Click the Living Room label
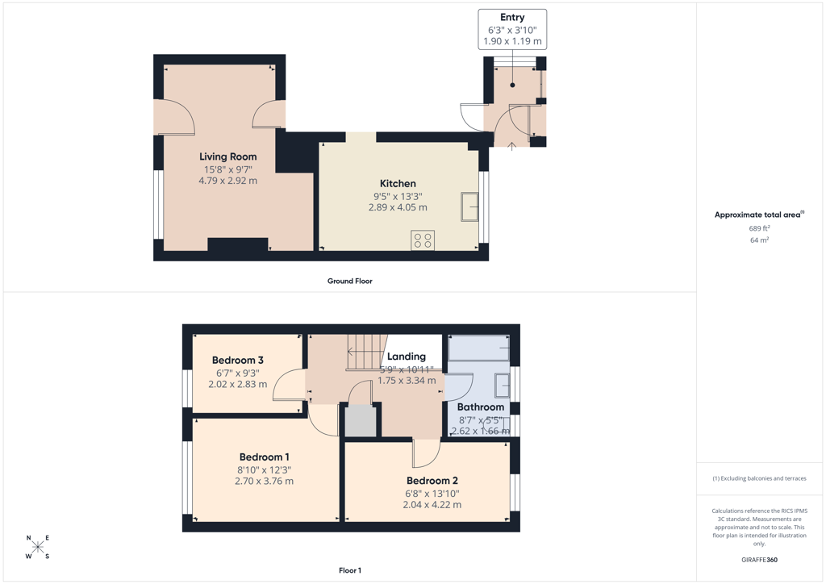pyautogui.click(x=228, y=156)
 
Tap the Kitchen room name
pyautogui.click(x=398, y=183)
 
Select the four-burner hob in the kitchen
pyautogui.click(x=423, y=240)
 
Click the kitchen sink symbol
pyautogui.click(x=470, y=207)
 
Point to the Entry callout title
pyautogui.click(x=512, y=18)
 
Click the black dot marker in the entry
pyautogui.click(x=512, y=85)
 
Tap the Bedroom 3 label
pyautogui.click(x=238, y=361)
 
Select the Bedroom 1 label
pyautogui.click(x=264, y=457)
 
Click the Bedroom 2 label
pyautogui.click(x=432, y=481)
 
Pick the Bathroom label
pyautogui.click(x=481, y=407)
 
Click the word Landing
pyautogui.click(x=407, y=357)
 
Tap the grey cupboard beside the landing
pyautogui.click(x=361, y=420)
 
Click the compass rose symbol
pyautogui.click(x=37, y=547)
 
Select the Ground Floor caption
pyautogui.click(x=350, y=282)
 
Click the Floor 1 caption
pyautogui.click(x=350, y=570)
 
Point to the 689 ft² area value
pyautogui.click(x=759, y=228)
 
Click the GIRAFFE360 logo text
pyautogui.click(x=759, y=560)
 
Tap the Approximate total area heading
pyautogui.click(x=759, y=215)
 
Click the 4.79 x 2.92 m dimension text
pyautogui.click(x=228, y=181)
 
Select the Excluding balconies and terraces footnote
pyautogui.click(x=759, y=478)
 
